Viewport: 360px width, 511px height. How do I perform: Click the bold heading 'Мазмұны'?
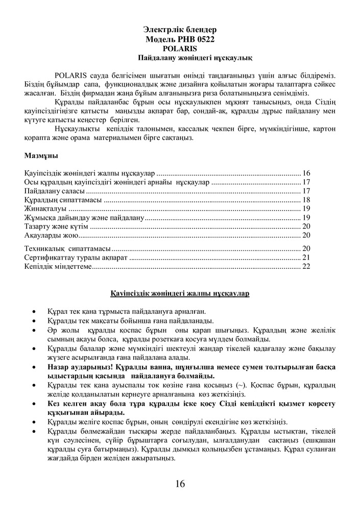[41, 155]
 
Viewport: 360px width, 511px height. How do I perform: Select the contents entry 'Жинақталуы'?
[45, 209]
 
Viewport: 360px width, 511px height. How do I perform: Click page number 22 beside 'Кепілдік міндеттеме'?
[306, 266]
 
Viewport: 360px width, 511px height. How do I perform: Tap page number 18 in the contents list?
[306, 200]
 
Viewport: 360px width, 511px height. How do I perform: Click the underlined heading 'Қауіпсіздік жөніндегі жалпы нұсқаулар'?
[180, 294]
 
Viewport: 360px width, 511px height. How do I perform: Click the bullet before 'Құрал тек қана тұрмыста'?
[34, 311]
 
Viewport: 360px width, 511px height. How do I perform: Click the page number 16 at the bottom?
[179, 484]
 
